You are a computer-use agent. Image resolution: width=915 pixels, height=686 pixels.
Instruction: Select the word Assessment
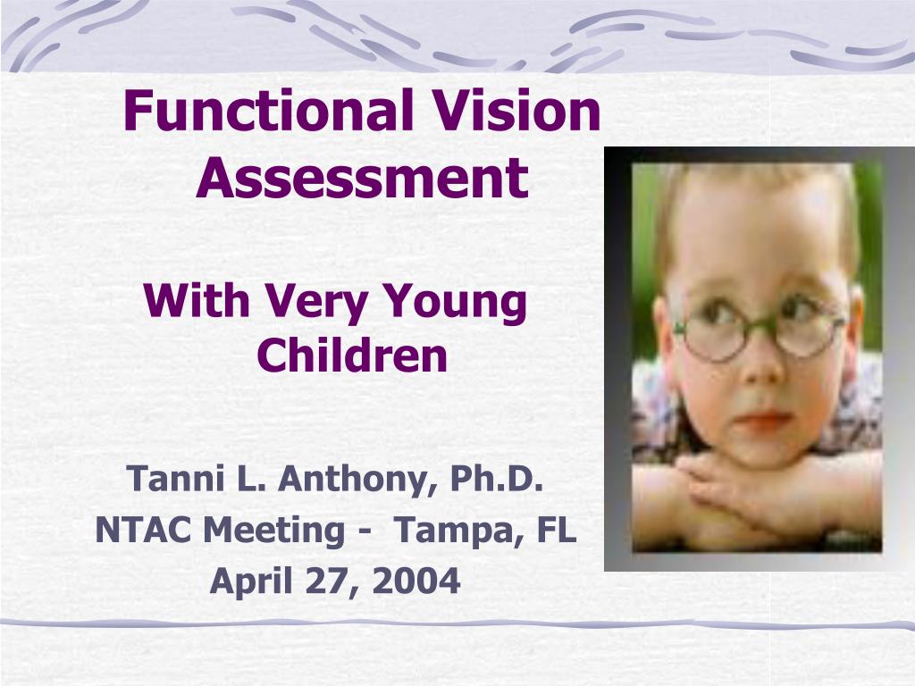click(x=363, y=177)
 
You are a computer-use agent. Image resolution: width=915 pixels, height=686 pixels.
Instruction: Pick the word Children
click(x=352, y=355)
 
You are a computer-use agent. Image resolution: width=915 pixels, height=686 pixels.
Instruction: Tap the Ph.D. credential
click(x=497, y=479)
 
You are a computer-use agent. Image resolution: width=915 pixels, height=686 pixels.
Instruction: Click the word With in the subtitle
click(x=197, y=301)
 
